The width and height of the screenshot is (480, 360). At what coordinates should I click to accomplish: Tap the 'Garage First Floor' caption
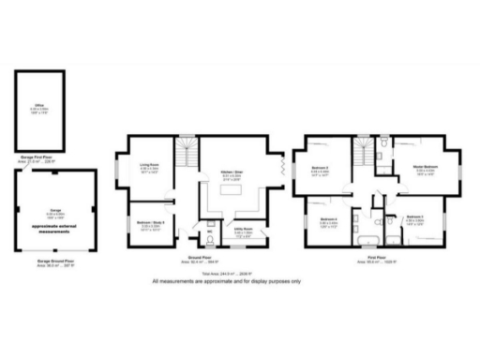coord(39,158)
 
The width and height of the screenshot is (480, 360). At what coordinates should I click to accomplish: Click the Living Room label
coord(149,170)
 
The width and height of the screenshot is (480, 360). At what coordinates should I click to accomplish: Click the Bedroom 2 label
coord(320,172)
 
